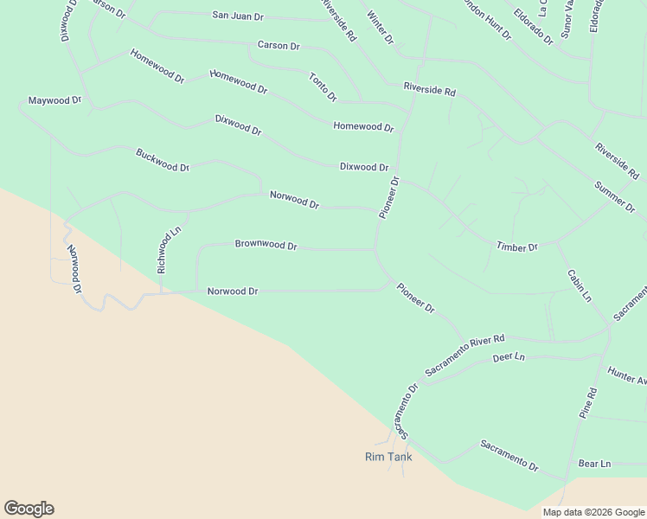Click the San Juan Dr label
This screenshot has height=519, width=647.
point(238,16)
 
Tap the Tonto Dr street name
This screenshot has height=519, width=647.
point(323,87)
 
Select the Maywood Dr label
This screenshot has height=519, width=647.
point(54,100)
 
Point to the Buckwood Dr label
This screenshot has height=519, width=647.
point(163,160)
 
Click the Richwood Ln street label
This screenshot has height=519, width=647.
point(167,251)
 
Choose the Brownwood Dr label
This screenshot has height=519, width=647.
point(266,245)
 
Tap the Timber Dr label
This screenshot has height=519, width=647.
point(516,247)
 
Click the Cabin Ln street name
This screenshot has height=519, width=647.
point(580,285)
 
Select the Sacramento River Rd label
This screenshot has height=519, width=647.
point(464,355)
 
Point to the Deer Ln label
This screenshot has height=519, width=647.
point(509,356)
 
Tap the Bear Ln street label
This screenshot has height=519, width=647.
point(594,464)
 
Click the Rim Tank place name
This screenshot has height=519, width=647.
point(388,457)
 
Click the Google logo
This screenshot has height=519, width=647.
point(29,509)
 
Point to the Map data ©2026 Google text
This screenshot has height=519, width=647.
point(593,512)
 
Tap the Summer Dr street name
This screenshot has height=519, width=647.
point(614,196)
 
